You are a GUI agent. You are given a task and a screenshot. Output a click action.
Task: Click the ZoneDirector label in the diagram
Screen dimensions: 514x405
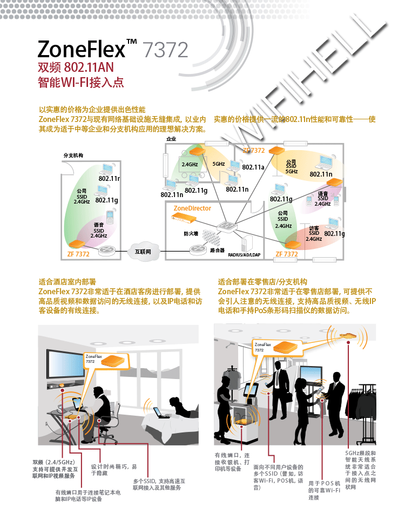point(192,208)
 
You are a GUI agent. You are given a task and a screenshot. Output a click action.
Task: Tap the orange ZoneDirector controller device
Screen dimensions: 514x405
point(183,217)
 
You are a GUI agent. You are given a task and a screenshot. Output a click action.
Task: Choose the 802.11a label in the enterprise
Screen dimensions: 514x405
point(253,167)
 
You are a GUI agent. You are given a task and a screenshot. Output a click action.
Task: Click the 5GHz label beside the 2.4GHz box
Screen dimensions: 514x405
point(218,164)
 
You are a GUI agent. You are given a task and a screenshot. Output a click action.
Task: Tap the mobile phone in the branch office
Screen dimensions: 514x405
point(110,217)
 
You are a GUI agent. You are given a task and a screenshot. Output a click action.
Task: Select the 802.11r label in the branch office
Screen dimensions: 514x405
point(109,178)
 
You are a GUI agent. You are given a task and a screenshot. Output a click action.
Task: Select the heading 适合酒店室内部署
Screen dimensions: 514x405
point(67,282)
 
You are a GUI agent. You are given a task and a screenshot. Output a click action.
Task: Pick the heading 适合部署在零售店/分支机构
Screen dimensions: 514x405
point(262,282)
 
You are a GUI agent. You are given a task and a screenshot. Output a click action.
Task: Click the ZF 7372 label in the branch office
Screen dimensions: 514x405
point(78,253)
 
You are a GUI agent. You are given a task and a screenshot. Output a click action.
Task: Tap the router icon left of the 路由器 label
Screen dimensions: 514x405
point(195,250)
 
